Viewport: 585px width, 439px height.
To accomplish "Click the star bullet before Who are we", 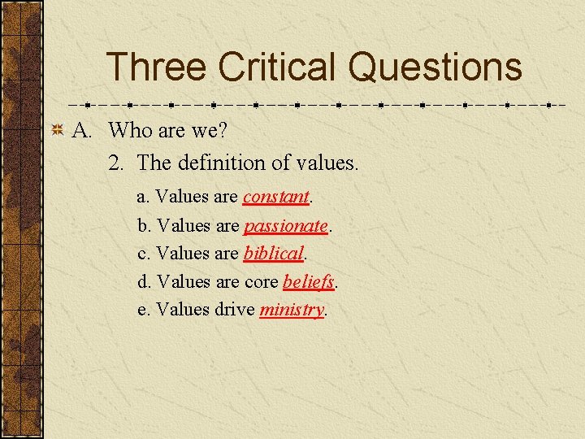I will point(58,130).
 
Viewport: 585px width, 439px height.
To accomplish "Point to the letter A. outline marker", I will point(84,130).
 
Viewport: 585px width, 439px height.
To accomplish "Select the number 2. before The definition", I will point(117,163).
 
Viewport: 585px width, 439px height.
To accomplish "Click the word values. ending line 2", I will point(323,163).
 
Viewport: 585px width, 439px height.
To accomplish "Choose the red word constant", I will point(276,197).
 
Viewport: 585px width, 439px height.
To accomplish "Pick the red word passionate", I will point(286,225).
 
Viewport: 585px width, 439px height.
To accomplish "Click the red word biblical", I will point(273,254).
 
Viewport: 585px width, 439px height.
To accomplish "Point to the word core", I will point(261,282).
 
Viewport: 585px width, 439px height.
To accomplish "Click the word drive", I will point(235,310).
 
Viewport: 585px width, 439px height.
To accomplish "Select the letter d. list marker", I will point(144,282).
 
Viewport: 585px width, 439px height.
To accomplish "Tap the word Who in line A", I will point(128,130).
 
